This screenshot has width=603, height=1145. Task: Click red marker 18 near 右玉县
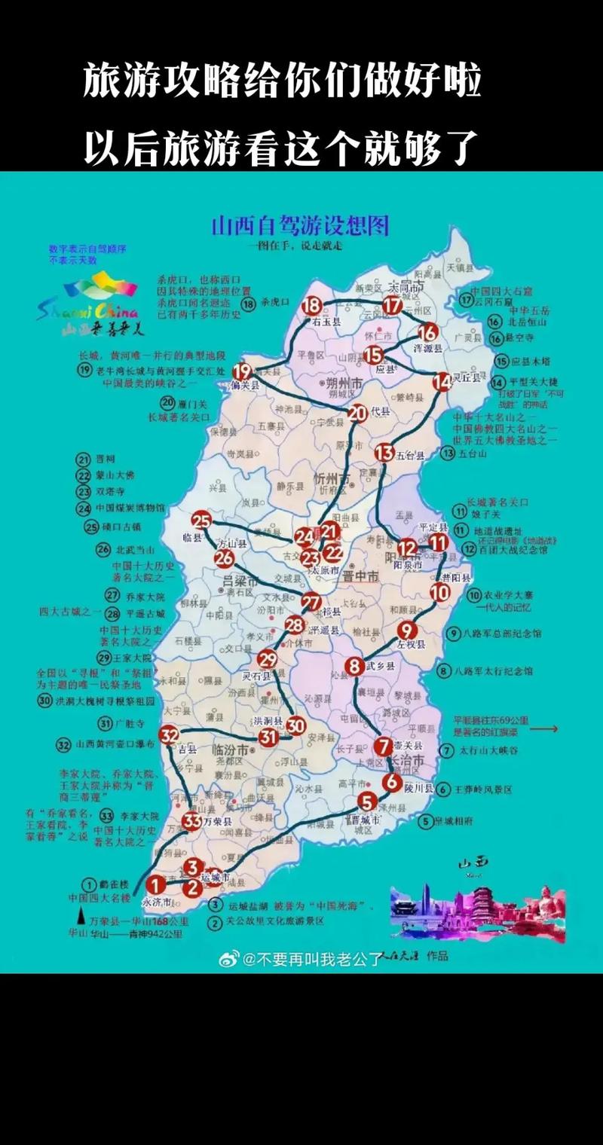[311, 305]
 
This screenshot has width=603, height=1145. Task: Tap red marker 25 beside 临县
[201, 520]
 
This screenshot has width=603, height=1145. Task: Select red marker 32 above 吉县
[170, 734]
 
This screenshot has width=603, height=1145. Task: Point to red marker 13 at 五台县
[384, 453]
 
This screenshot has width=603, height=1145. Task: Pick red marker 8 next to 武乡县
[354, 665]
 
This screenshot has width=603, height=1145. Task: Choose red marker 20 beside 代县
[357, 412]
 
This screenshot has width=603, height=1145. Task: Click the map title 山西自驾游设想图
[299, 224]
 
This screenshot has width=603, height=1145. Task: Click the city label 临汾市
[231, 750]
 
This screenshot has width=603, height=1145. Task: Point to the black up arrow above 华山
[81, 915]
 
